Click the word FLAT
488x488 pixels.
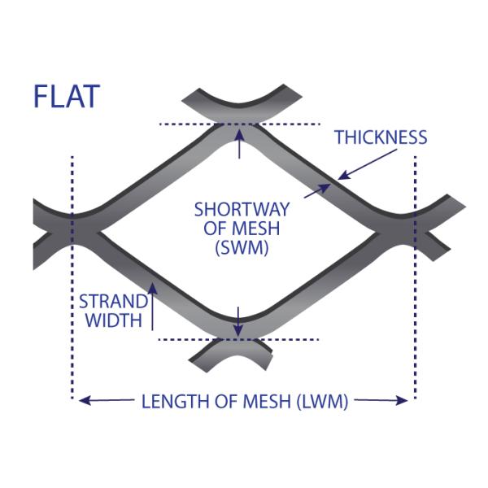pos(66,96)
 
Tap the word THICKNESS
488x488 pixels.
pos(381,137)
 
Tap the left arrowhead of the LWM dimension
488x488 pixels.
pos(82,400)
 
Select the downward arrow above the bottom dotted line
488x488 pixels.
pos(237,321)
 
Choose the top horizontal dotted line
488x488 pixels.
pos(195,124)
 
